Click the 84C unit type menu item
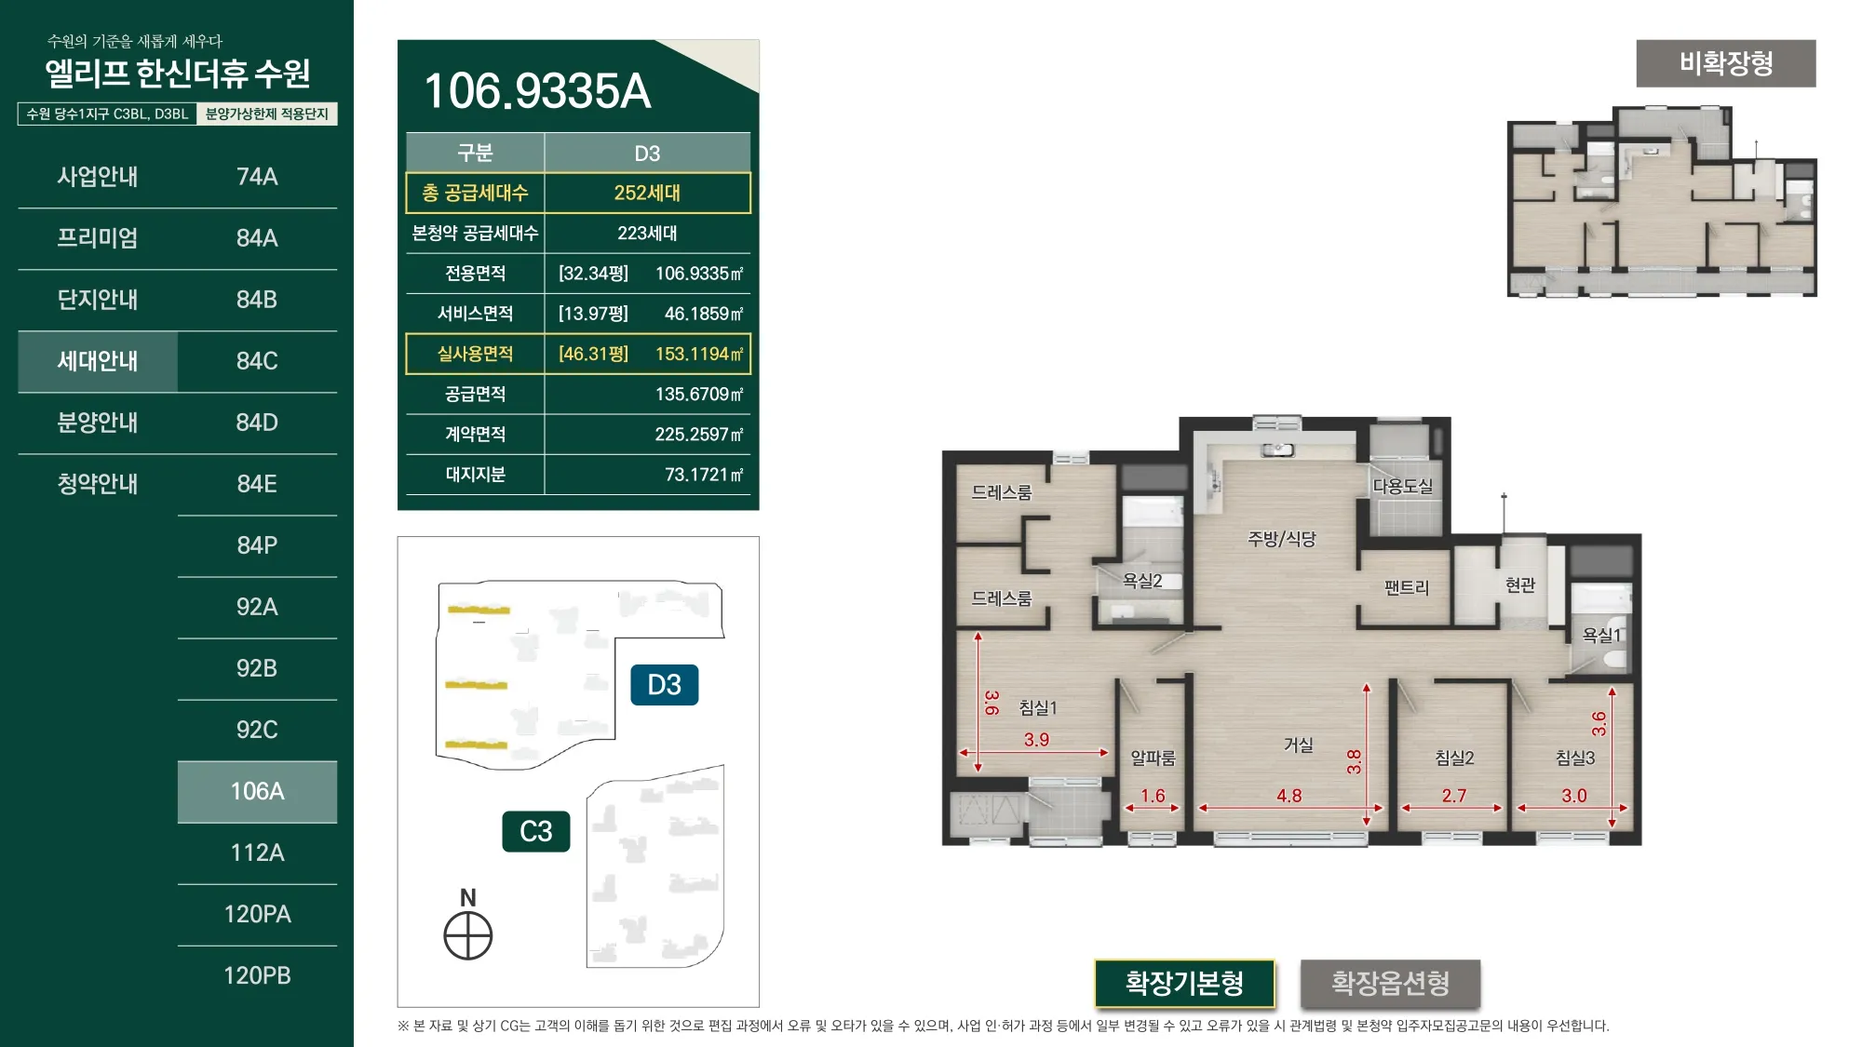[x=257, y=361]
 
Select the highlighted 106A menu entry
[x=257, y=791]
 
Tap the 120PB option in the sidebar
[x=257, y=975]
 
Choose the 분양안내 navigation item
[x=98, y=423]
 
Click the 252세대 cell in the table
[x=647, y=193]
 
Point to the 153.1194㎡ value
[x=699, y=354]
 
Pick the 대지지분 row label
[x=475, y=475]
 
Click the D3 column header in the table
[x=647, y=153]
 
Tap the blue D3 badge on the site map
[x=665, y=685]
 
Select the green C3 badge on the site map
[x=536, y=831]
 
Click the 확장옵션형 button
[x=1390, y=983]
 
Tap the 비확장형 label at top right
[x=1726, y=63]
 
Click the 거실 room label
[x=1298, y=745]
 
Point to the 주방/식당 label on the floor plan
[x=1282, y=538]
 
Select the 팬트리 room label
[x=1406, y=587]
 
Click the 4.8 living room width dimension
[x=1289, y=796]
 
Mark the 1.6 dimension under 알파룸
[x=1153, y=796]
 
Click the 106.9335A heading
[x=537, y=91]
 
